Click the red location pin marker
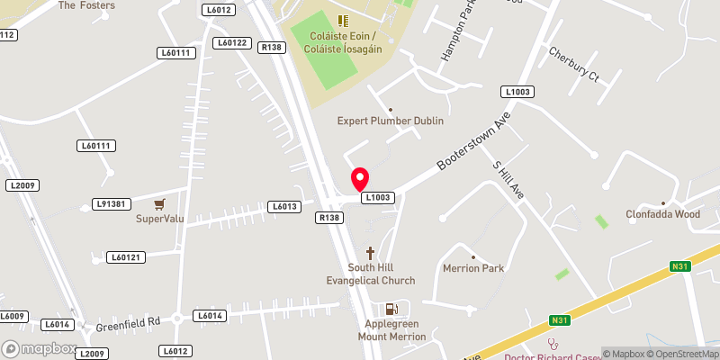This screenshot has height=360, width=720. pyautogui.click(x=360, y=178)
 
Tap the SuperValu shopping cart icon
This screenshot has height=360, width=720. pyautogui.click(x=159, y=204)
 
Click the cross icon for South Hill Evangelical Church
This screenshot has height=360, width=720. pyautogui.click(x=369, y=253)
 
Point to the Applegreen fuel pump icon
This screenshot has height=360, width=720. pyautogui.click(x=391, y=309)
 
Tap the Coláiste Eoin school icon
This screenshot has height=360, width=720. pyautogui.click(x=342, y=20)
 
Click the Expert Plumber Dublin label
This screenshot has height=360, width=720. pyautogui.click(x=390, y=121)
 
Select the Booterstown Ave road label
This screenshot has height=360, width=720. pyautogui.click(x=467, y=140)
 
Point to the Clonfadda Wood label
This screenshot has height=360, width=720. pyautogui.click(x=663, y=214)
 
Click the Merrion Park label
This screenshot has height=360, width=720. pyautogui.click(x=473, y=268)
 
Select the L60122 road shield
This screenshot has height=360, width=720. pyautogui.click(x=232, y=42)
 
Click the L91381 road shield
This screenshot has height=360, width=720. pyautogui.click(x=112, y=204)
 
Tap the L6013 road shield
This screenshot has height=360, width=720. pyautogui.click(x=283, y=207)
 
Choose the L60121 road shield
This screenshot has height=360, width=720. pyautogui.click(x=126, y=257)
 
